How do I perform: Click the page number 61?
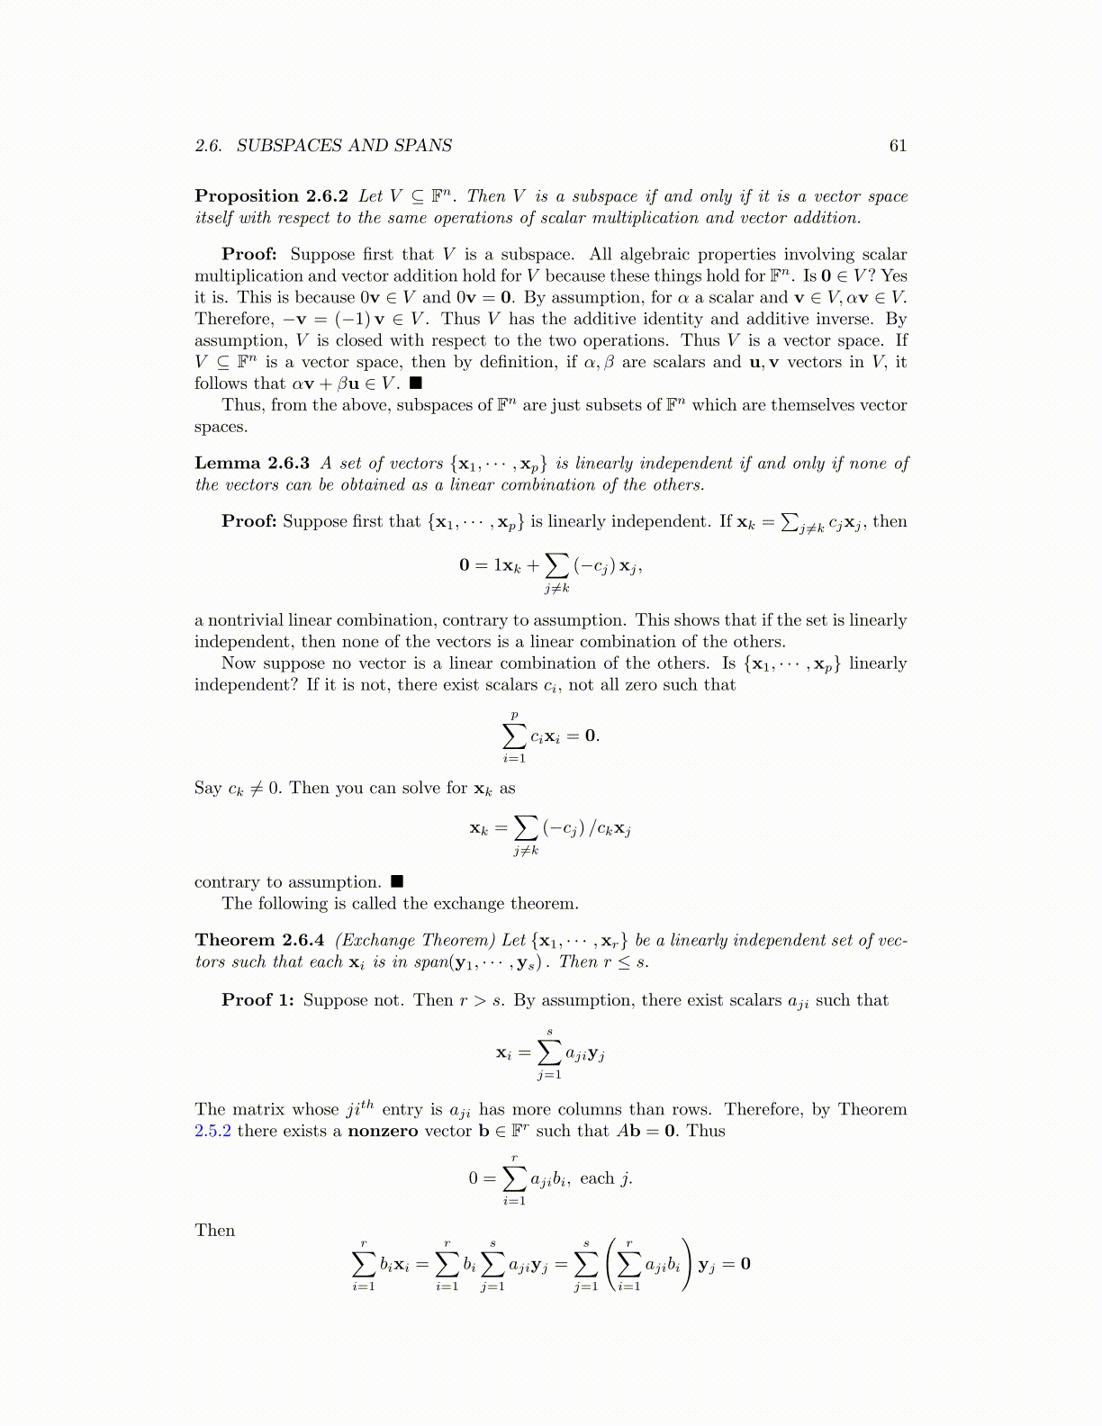tap(898, 146)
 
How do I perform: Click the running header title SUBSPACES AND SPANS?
tap(344, 146)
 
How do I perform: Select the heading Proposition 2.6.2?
tap(272, 196)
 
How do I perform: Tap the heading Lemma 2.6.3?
tap(252, 464)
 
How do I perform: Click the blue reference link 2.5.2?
tap(212, 1132)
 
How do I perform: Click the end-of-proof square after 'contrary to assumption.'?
tap(397, 882)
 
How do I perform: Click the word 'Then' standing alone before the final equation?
tap(214, 1231)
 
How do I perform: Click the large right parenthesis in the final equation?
tap(687, 1264)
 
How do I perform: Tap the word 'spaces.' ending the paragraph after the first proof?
tap(221, 427)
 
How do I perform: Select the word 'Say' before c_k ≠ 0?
tap(208, 789)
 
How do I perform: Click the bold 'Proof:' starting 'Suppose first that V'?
tap(249, 255)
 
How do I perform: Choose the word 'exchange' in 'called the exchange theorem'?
tap(471, 904)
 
